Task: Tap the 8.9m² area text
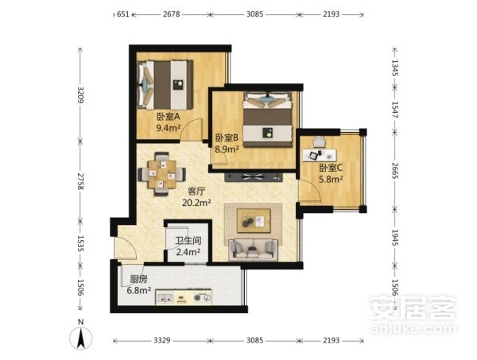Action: click(x=227, y=149)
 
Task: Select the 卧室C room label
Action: click(x=331, y=168)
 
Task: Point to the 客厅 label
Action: click(x=196, y=192)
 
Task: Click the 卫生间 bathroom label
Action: click(x=188, y=241)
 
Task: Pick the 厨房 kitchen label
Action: click(x=138, y=279)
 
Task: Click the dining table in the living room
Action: click(x=162, y=174)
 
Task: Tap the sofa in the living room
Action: click(x=254, y=250)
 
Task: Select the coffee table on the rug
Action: click(x=254, y=220)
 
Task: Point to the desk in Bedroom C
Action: click(x=320, y=155)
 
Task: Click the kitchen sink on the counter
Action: click(x=165, y=298)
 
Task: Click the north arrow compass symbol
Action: click(x=80, y=338)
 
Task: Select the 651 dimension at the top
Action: click(x=123, y=14)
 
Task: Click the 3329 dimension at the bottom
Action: click(x=161, y=340)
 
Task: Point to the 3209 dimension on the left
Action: click(x=80, y=95)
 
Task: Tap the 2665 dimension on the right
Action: click(x=395, y=171)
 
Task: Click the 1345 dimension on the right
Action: click(x=395, y=68)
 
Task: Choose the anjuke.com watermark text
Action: click(x=413, y=329)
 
